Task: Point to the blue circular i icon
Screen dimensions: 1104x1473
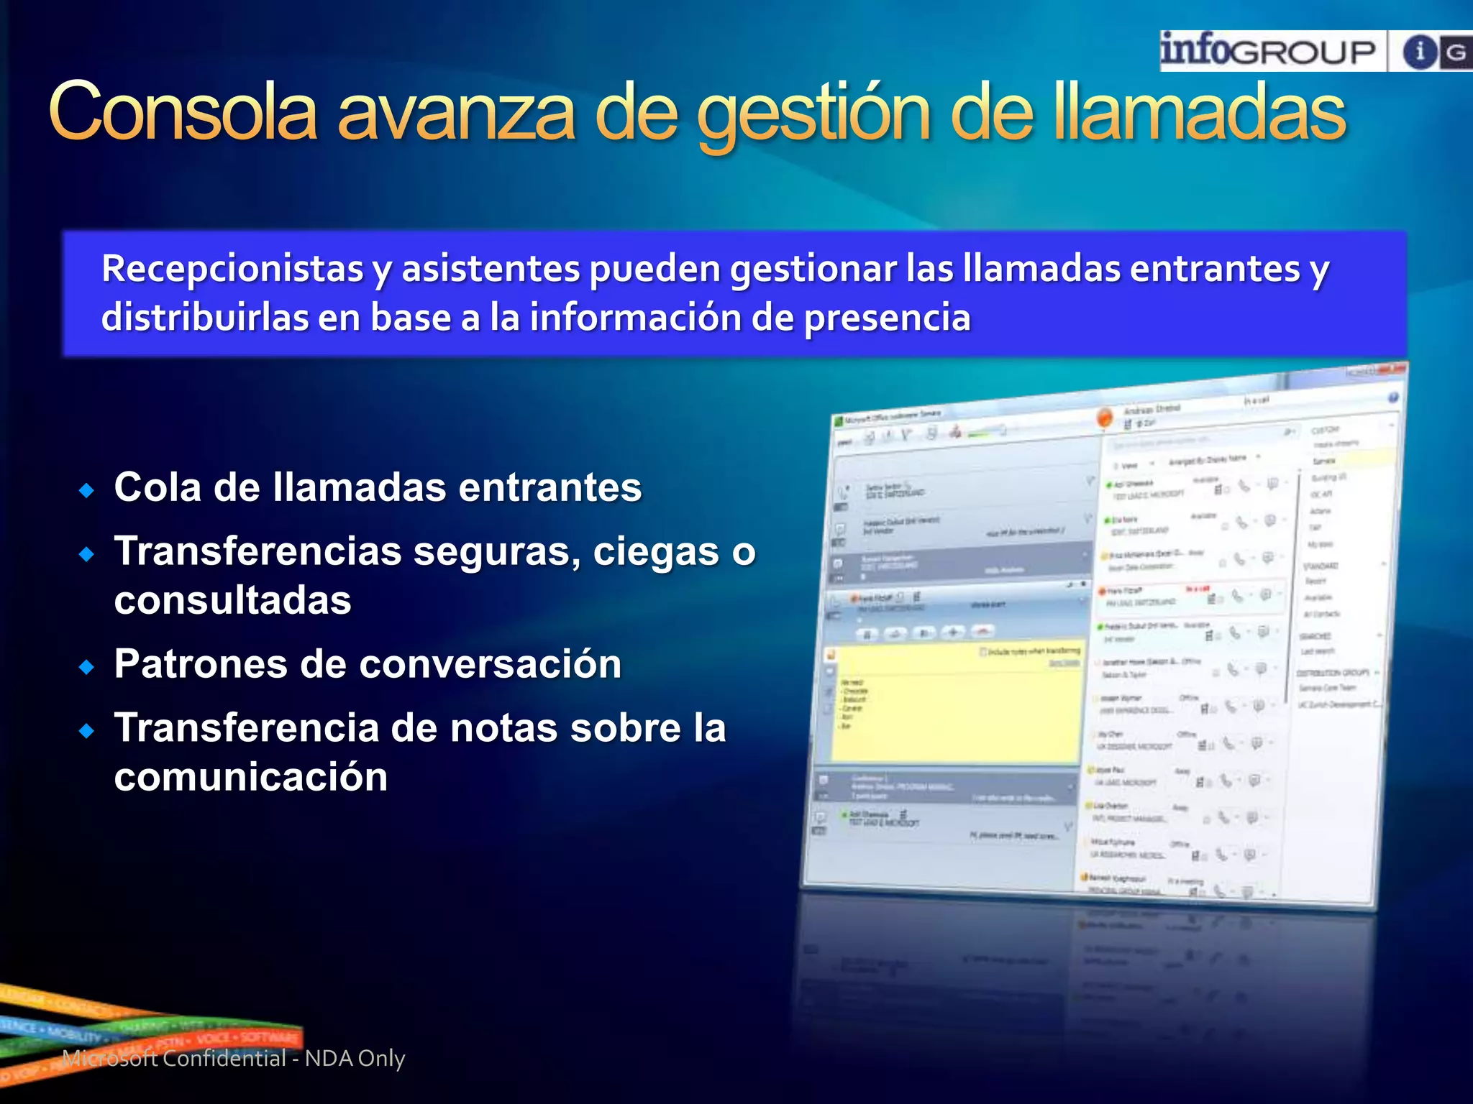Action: tap(1419, 52)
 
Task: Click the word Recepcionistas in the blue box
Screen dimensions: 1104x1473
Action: tap(232, 269)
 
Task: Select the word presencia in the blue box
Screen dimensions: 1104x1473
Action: tap(887, 318)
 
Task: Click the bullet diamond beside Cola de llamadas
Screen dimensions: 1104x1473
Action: tap(87, 491)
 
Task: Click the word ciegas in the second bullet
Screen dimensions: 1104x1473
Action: tap(655, 552)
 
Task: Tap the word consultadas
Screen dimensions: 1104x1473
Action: tap(232, 600)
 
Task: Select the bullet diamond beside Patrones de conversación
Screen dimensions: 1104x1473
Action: tap(87, 667)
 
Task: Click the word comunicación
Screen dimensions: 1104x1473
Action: tap(250, 777)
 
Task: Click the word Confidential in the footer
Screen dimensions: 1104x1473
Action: tap(224, 1058)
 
